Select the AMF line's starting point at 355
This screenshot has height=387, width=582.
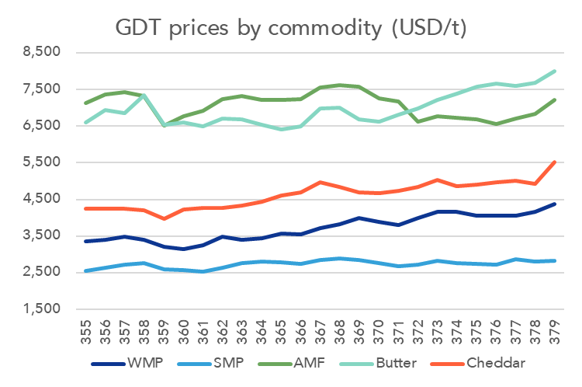85,103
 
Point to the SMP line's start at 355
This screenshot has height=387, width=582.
85,271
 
